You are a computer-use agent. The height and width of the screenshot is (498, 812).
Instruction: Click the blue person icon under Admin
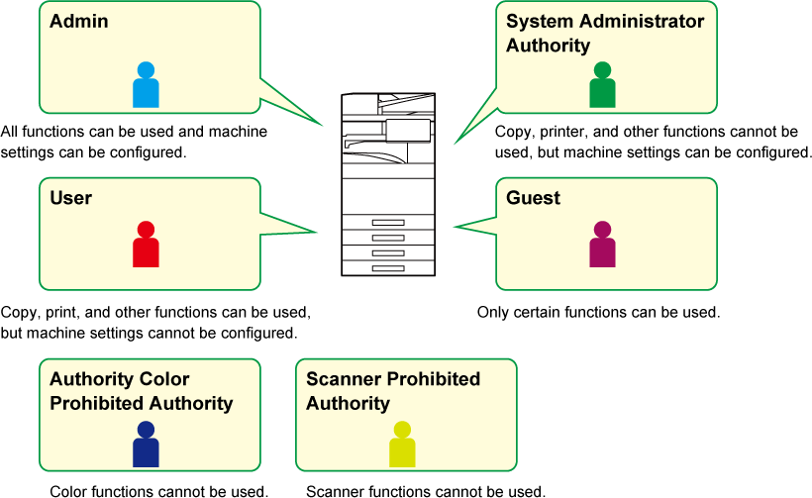click(x=146, y=86)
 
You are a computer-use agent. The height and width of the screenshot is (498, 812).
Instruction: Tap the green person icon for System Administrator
click(x=602, y=86)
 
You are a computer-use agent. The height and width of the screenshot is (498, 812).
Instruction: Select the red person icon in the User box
click(x=146, y=246)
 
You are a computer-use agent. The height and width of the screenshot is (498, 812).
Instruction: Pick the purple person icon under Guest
click(x=602, y=246)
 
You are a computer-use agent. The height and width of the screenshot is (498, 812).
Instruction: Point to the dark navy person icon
click(x=146, y=445)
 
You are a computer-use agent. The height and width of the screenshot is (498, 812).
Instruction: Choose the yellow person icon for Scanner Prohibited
click(x=402, y=445)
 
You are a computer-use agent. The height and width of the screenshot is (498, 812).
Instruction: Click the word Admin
click(x=79, y=21)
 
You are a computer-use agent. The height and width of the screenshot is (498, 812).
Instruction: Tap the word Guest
click(x=533, y=198)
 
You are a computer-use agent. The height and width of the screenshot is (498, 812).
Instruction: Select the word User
click(x=70, y=198)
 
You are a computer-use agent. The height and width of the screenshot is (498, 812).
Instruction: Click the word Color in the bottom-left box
click(x=164, y=379)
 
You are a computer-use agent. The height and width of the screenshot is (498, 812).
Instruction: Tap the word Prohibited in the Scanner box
click(x=434, y=379)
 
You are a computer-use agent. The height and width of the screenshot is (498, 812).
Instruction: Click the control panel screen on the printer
click(x=408, y=130)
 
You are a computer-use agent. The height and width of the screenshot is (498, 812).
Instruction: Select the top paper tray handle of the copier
click(x=388, y=223)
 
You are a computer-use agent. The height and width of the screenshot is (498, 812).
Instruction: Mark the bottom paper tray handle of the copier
click(x=388, y=267)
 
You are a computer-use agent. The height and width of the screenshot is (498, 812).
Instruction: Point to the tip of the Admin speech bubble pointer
click(x=324, y=126)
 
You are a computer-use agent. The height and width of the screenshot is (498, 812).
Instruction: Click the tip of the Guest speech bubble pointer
click(x=455, y=228)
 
